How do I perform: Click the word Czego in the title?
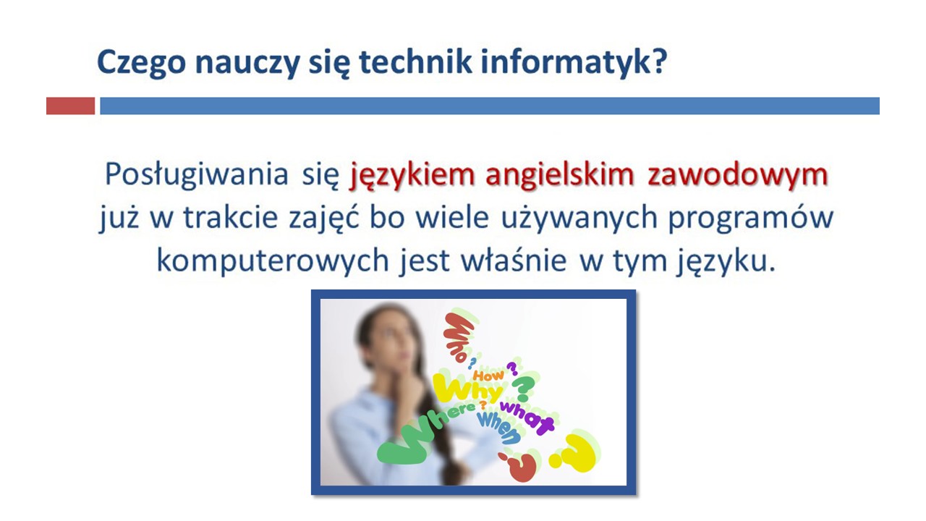(x=141, y=63)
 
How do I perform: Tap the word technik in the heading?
(x=415, y=62)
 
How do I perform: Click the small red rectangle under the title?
(x=71, y=106)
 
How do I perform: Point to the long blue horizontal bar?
(x=490, y=106)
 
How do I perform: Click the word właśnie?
(x=514, y=260)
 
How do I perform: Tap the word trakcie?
(x=230, y=216)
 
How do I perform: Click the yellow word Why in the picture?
(x=467, y=388)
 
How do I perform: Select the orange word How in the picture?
(x=488, y=376)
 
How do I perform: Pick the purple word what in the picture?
(x=527, y=417)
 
